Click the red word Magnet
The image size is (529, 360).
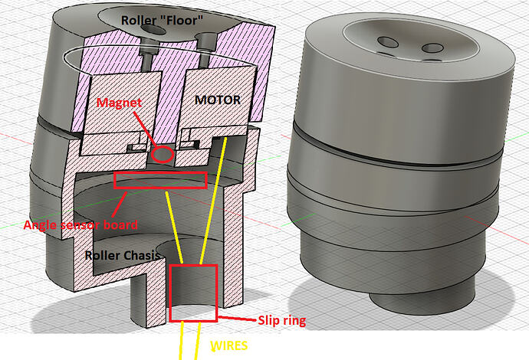119,102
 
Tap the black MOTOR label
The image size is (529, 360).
218,100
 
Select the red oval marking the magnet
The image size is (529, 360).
163,155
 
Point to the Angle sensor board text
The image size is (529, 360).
80,224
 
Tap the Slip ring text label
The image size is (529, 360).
282,321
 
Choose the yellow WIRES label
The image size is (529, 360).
229,345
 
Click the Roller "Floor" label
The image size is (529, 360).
162,20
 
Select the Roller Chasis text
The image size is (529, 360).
122,255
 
